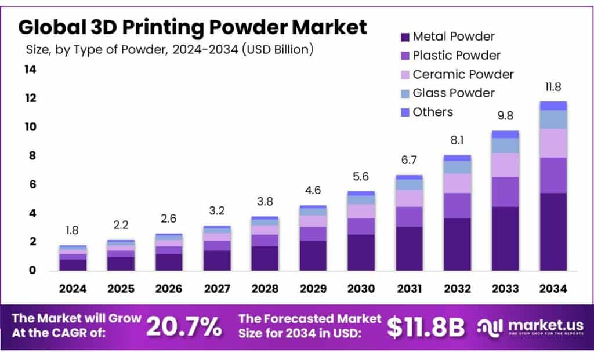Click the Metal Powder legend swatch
tap(404, 37)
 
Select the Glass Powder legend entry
tap(454, 93)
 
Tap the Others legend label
tap(433, 112)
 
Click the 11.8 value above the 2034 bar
tap(552, 88)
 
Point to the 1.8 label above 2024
tap(73, 231)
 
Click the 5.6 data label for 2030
tap(361, 177)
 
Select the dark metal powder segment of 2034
tap(552, 232)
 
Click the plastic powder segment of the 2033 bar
tap(505, 192)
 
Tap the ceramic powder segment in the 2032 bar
tap(457, 183)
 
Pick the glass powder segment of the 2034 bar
tap(552, 119)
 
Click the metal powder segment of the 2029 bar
tap(313, 256)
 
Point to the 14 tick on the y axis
tap(30, 70)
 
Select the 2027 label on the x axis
tap(217, 289)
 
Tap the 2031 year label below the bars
tap(409, 289)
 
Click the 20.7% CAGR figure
tap(183, 328)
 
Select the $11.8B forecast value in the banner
tap(426, 328)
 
